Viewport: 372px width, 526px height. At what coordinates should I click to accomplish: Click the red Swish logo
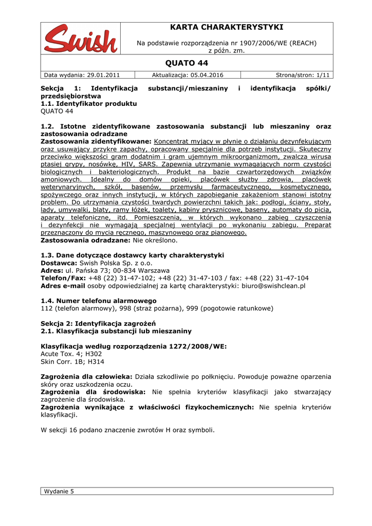[x=80, y=38]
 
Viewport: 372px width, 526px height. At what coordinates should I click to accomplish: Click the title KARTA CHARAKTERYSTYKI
[x=227, y=27]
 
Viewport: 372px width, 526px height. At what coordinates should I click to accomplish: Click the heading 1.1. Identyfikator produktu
[x=88, y=104]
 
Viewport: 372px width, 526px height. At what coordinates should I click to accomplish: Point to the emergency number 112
[x=46, y=308]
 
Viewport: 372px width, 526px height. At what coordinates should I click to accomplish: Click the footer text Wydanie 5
[x=59, y=491]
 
